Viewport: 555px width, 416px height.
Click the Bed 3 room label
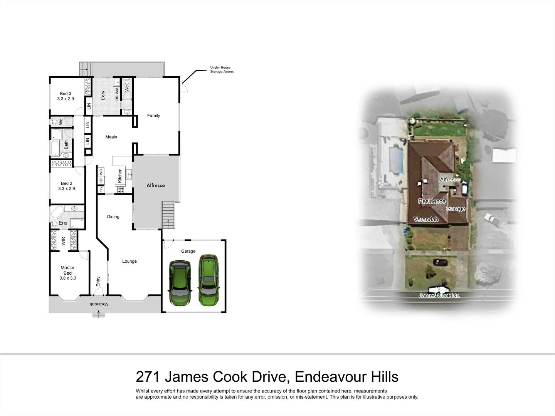(x=66, y=94)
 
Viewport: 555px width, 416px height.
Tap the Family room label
(x=153, y=116)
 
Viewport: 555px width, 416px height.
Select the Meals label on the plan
(x=111, y=137)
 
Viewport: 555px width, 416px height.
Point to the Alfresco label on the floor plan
(x=156, y=185)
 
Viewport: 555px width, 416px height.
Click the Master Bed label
(x=68, y=270)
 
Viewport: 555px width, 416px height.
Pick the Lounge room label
(x=129, y=261)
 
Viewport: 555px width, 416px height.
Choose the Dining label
(x=113, y=216)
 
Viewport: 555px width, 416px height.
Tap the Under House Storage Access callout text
(x=222, y=70)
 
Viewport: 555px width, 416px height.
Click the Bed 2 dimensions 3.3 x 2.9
(x=67, y=189)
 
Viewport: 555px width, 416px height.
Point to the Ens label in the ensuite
(x=63, y=223)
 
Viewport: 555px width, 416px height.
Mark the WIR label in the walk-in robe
(x=63, y=241)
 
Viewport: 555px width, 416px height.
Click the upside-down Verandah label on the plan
(x=99, y=304)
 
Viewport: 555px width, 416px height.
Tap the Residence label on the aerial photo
(x=432, y=201)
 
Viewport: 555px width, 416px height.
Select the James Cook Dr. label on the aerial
(x=439, y=295)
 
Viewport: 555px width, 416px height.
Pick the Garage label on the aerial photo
(x=456, y=208)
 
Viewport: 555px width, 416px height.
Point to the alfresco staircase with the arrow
(x=168, y=215)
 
